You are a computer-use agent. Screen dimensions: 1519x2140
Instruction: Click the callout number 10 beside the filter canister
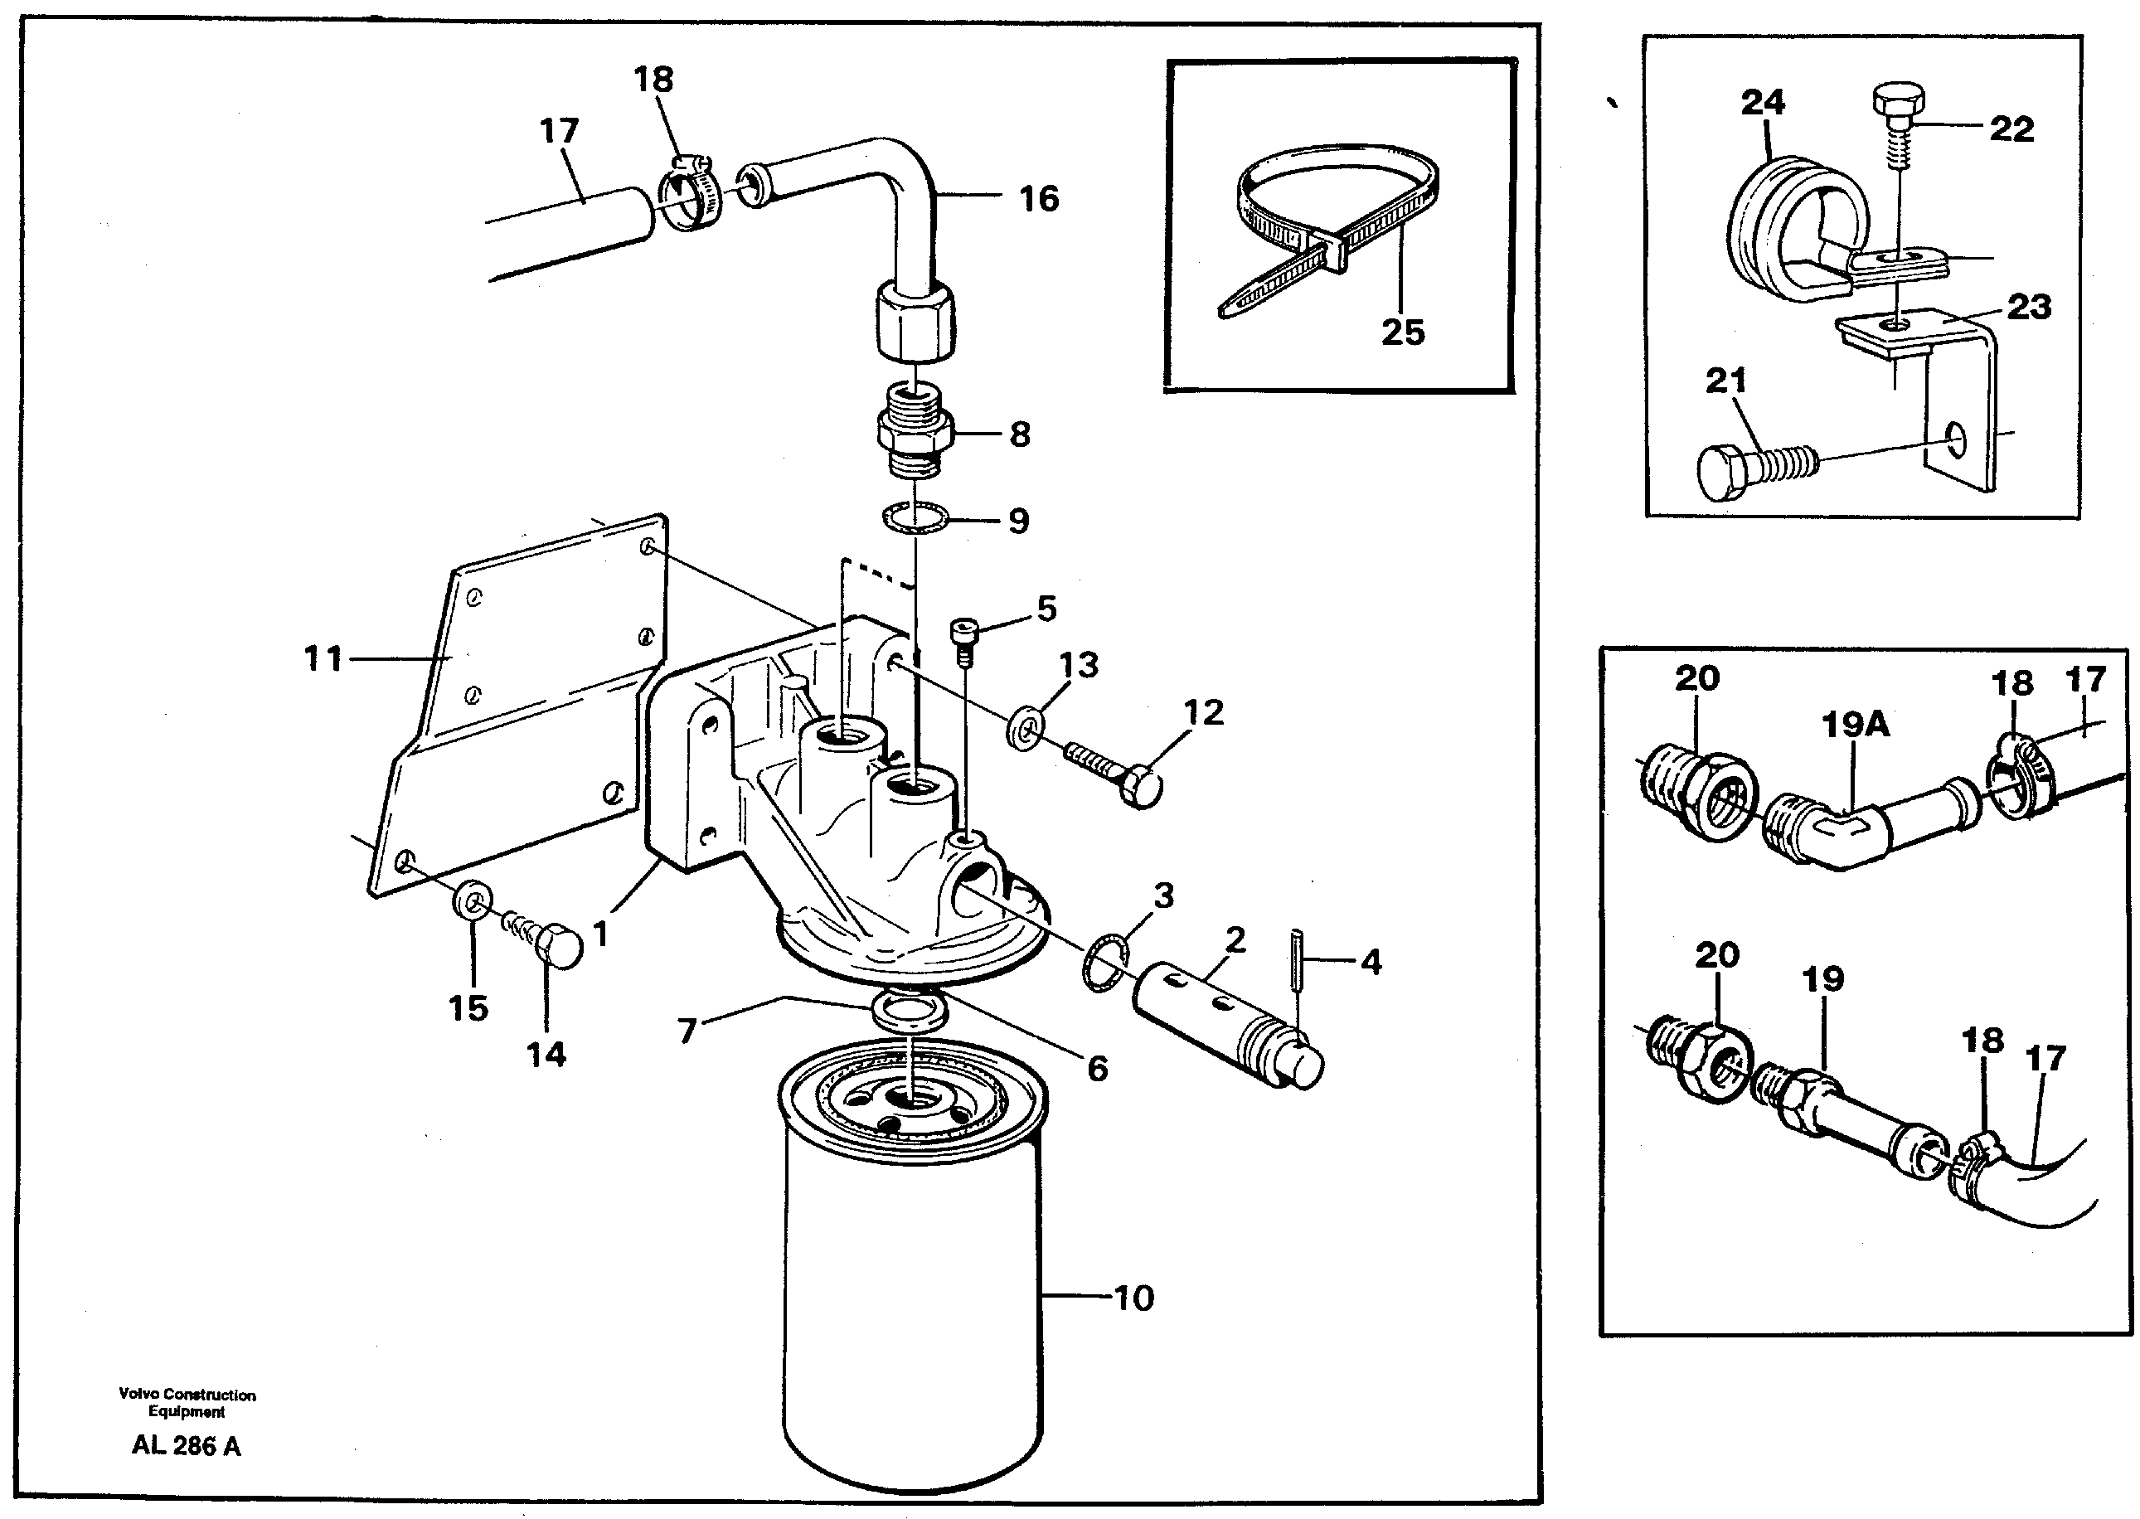point(1133,1298)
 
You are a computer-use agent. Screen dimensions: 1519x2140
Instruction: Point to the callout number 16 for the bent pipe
point(1039,198)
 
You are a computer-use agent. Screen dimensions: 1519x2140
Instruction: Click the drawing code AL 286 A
point(186,1445)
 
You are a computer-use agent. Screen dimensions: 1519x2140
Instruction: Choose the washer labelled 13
point(1026,728)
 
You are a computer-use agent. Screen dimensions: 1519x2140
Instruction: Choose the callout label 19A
point(1855,724)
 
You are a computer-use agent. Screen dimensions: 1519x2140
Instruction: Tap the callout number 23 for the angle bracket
point(2029,307)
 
